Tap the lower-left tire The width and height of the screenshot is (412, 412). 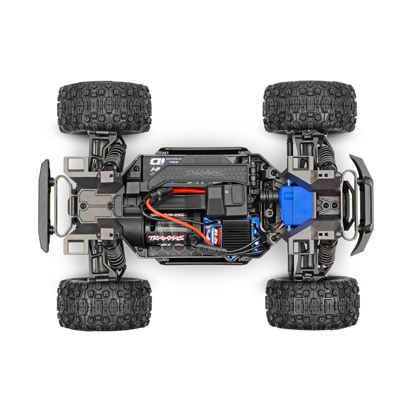pyautogui.click(x=103, y=303)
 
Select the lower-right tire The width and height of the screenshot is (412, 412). pyautogui.click(x=312, y=303)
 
